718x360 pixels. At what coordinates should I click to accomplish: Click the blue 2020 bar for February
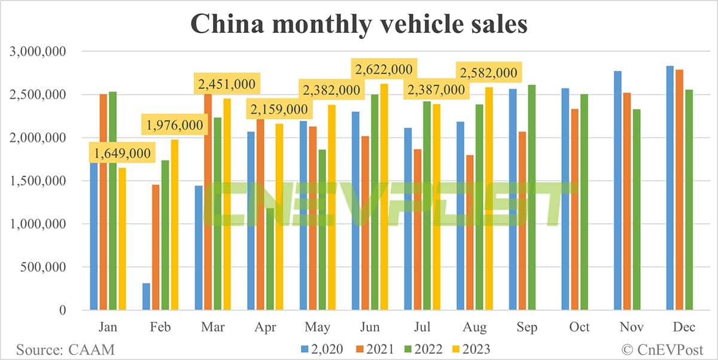(146, 296)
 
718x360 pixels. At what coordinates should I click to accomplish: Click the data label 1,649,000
(120, 154)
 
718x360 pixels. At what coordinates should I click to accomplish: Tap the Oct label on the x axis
(579, 327)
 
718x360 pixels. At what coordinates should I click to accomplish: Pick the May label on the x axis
(317, 327)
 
